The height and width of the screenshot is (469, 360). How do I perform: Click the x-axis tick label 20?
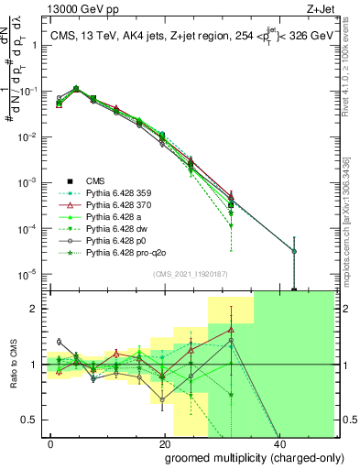coord(164,442)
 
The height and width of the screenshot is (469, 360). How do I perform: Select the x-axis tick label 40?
coord(277,442)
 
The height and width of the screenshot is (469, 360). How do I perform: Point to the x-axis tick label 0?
coord(51,442)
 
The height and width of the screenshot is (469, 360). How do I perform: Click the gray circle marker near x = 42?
coord(294,250)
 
